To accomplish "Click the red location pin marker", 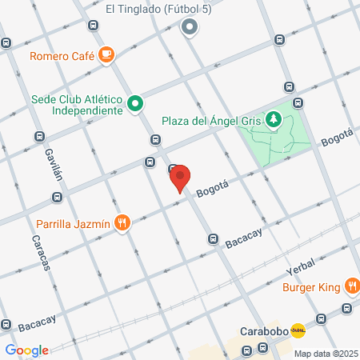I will click(x=180, y=178).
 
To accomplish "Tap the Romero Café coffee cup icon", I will click(x=107, y=54).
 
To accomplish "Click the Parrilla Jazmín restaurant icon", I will click(x=122, y=223).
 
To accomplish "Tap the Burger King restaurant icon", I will click(x=352, y=286).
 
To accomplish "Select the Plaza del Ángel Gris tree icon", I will click(x=275, y=120).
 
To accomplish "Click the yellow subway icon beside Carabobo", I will click(x=298, y=330).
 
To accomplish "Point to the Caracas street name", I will click(x=41, y=251).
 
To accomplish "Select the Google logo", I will click(x=26, y=350).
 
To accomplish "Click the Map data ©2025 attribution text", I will click(x=323, y=354).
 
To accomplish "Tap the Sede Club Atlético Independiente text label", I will click(x=77, y=104).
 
